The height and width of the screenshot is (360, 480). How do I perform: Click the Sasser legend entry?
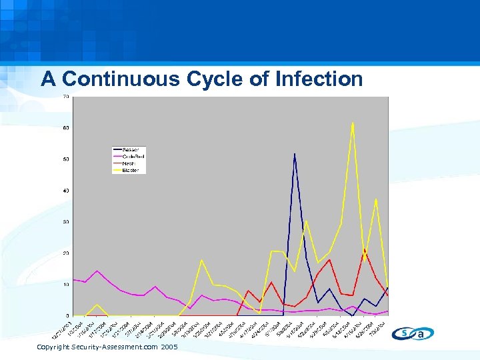[129, 148]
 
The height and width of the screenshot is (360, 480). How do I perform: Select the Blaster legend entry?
[129, 170]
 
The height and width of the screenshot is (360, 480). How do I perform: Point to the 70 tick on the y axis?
[66, 97]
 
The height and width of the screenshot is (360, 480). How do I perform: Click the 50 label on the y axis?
[66, 159]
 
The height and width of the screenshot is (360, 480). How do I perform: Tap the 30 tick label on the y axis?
[66, 222]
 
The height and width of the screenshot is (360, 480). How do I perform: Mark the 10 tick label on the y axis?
[66, 285]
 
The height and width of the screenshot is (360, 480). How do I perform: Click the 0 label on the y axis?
[67, 315]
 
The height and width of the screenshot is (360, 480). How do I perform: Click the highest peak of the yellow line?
[353, 123]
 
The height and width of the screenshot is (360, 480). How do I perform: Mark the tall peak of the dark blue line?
[295, 154]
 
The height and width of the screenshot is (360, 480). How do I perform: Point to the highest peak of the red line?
[364, 249]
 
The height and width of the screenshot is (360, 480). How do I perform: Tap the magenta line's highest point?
[97, 271]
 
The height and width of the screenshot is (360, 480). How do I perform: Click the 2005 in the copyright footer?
[169, 348]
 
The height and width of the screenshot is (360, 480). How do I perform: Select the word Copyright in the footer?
[52, 348]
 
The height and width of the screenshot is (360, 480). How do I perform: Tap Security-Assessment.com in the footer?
[114, 348]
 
